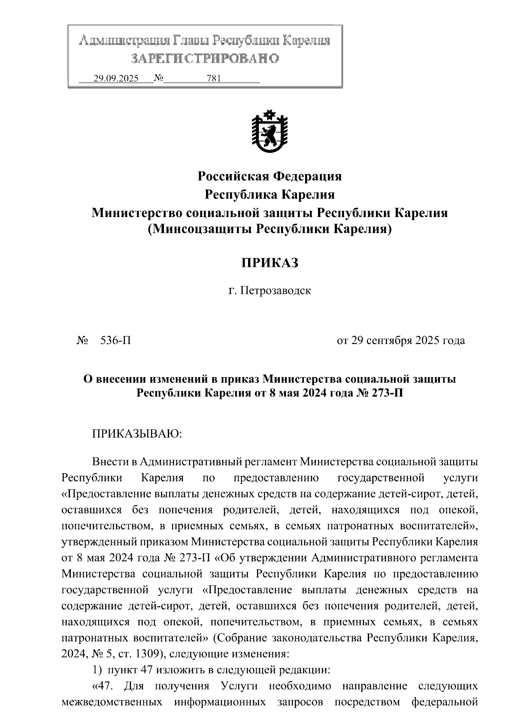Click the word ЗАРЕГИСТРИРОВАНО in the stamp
tap(205, 58)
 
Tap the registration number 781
tap(213, 79)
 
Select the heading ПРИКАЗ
tap(269, 263)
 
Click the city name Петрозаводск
tap(275, 291)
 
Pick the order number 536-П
tap(115, 341)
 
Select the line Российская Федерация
tap(269, 176)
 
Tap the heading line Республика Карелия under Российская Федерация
tap(269, 195)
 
